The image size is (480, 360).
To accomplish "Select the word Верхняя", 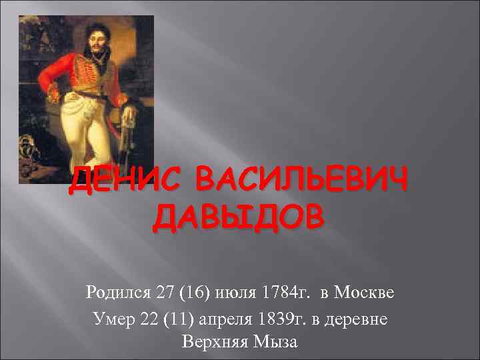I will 213,343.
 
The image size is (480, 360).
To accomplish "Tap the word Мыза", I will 277,343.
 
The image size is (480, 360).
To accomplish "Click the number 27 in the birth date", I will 163,293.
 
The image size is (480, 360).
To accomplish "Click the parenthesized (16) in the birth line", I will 191,293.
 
